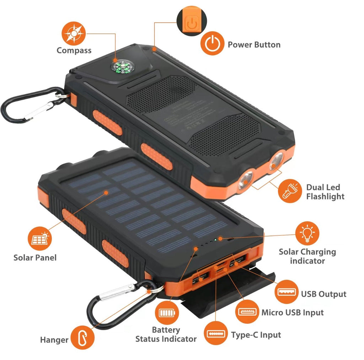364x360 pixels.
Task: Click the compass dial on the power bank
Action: coord(121,67)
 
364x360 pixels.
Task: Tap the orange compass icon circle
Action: coord(74,33)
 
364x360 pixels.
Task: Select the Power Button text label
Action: coord(254,45)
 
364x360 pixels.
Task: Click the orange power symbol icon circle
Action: coord(212,44)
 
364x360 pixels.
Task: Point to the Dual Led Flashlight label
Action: coord(325,192)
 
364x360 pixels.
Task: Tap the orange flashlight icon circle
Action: coord(290,191)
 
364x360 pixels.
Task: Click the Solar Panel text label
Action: coord(35,257)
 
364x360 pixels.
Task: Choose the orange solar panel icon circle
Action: coord(39,239)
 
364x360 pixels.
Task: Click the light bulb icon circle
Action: coord(307,233)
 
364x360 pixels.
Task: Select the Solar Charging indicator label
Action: coord(307,256)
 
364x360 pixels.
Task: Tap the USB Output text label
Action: coord(323,294)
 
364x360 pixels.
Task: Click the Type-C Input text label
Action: coord(256,335)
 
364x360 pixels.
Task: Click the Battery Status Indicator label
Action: coord(166,334)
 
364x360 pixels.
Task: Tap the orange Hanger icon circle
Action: coord(82,338)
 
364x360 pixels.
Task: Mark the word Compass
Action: coord(74,51)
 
